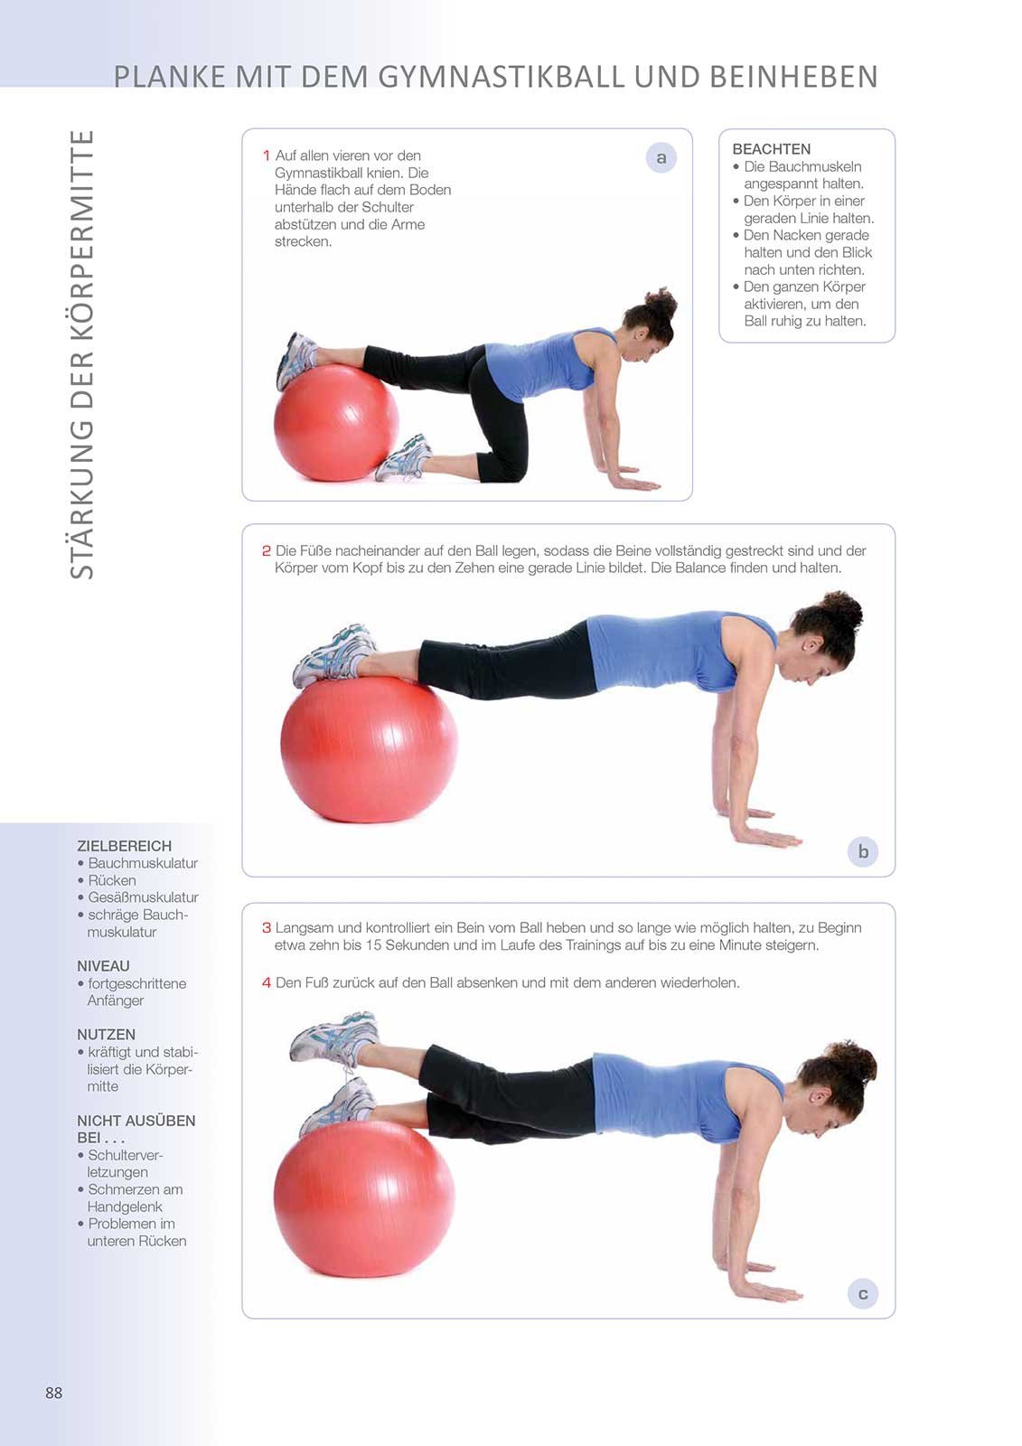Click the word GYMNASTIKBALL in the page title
501,76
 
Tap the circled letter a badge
661,157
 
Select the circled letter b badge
863,851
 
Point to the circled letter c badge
863,1293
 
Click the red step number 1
266,155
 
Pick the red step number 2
266,550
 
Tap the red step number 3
266,927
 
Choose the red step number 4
266,982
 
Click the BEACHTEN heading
772,149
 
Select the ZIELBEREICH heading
124,846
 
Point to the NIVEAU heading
103,966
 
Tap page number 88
54,1393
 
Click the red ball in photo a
336,423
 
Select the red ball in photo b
369,749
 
